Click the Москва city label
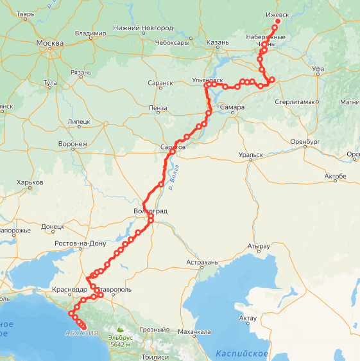point(50,44)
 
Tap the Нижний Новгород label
point(142,28)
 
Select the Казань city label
point(217,43)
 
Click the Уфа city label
point(318,67)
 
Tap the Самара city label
point(232,107)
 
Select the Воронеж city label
point(72,144)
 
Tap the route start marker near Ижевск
point(278,21)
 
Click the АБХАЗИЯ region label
point(81,333)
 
